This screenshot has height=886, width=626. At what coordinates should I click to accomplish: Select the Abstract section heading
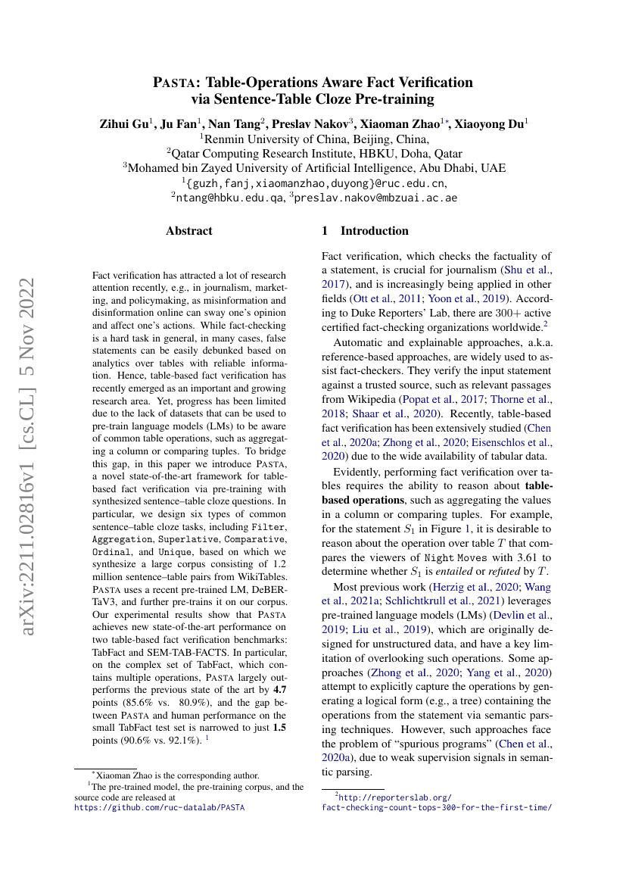(189, 231)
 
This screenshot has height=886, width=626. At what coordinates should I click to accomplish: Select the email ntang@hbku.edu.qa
(229, 198)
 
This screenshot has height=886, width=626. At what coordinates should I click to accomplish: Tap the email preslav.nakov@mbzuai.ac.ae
(376, 198)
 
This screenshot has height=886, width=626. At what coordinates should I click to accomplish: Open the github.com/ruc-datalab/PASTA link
(159, 808)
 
